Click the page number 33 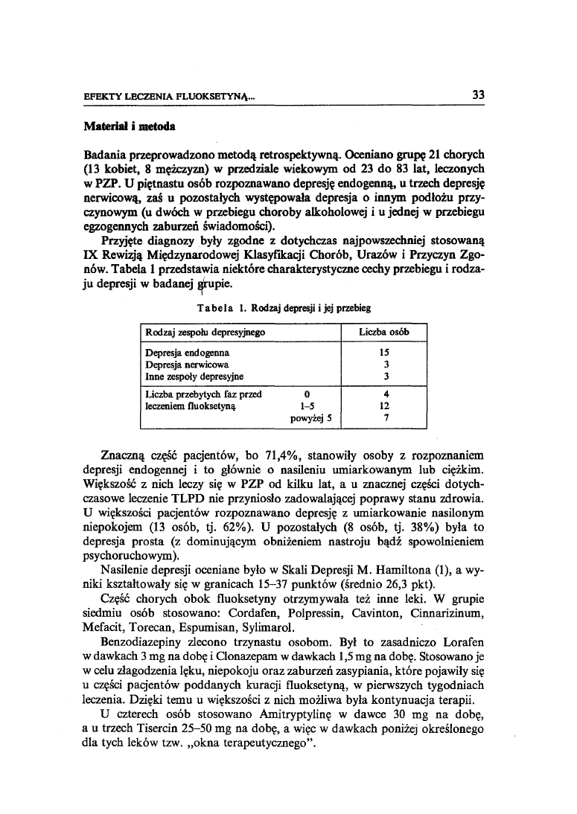click(x=478, y=94)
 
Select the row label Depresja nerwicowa click(x=186, y=365)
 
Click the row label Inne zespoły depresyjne click(x=194, y=376)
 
